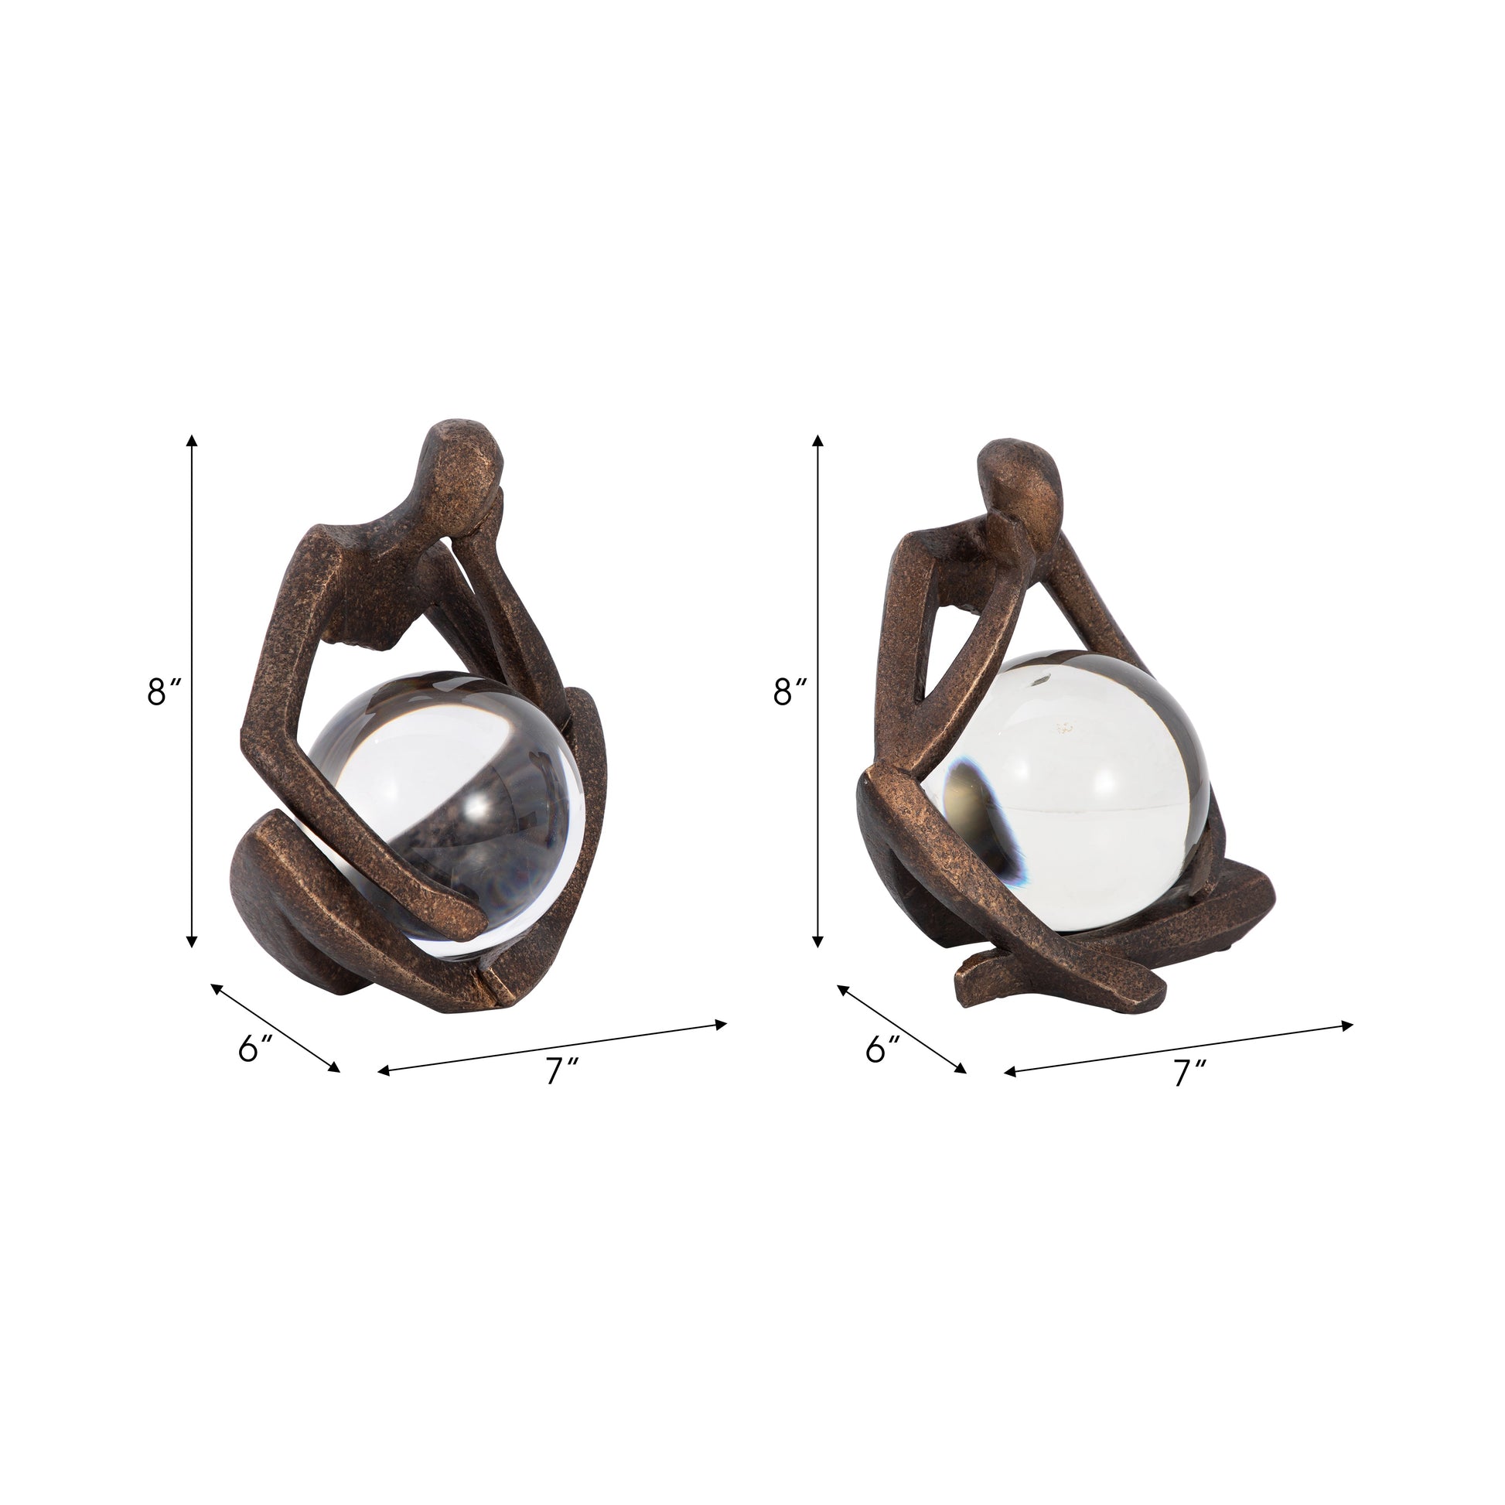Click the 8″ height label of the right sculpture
(790, 691)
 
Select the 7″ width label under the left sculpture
(561, 1072)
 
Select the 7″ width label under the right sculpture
(1188, 1072)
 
